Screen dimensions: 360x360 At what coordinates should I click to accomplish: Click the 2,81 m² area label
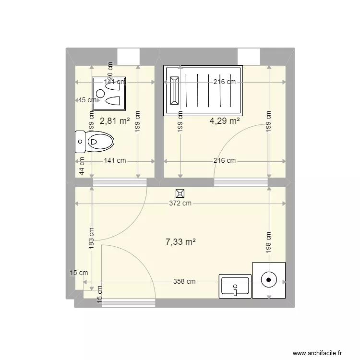pos(115,121)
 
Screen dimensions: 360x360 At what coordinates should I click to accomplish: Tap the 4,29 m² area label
pos(225,121)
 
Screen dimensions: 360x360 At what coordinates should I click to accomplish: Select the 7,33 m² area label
pos(180,242)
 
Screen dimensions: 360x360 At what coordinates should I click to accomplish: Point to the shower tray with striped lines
pos(204,90)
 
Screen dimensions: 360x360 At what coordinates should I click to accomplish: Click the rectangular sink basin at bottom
pos(235,286)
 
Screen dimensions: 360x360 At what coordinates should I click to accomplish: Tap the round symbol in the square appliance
pos(269,279)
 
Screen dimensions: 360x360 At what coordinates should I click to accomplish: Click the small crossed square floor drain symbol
pos(180,193)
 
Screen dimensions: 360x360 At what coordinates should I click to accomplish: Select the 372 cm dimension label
pos(180,204)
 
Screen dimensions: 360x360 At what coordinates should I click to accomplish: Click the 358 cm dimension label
pos(184,282)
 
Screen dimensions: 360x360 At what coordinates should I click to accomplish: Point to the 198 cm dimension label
pos(268,243)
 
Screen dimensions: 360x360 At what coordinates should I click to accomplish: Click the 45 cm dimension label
pos(86,100)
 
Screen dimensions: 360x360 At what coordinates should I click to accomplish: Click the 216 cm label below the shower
pos(225,161)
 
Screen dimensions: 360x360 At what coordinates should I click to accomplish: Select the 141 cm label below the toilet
pos(115,161)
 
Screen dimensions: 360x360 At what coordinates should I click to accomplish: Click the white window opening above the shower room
pos(249,56)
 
